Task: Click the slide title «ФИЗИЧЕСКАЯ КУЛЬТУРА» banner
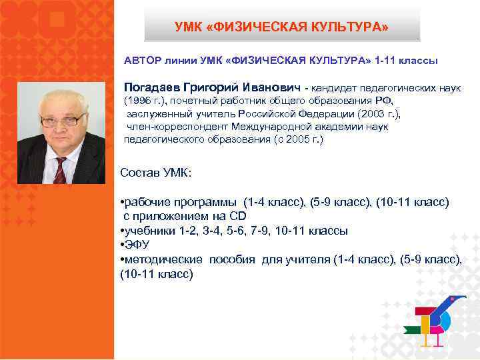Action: [282, 27]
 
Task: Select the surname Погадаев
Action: [155, 88]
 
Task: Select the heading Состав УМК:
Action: [155, 173]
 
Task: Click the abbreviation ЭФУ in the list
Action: [137, 245]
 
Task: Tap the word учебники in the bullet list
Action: [148, 231]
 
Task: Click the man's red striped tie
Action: [61, 169]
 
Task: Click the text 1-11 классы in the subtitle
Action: [406, 61]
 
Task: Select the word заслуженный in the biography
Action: [157, 114]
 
